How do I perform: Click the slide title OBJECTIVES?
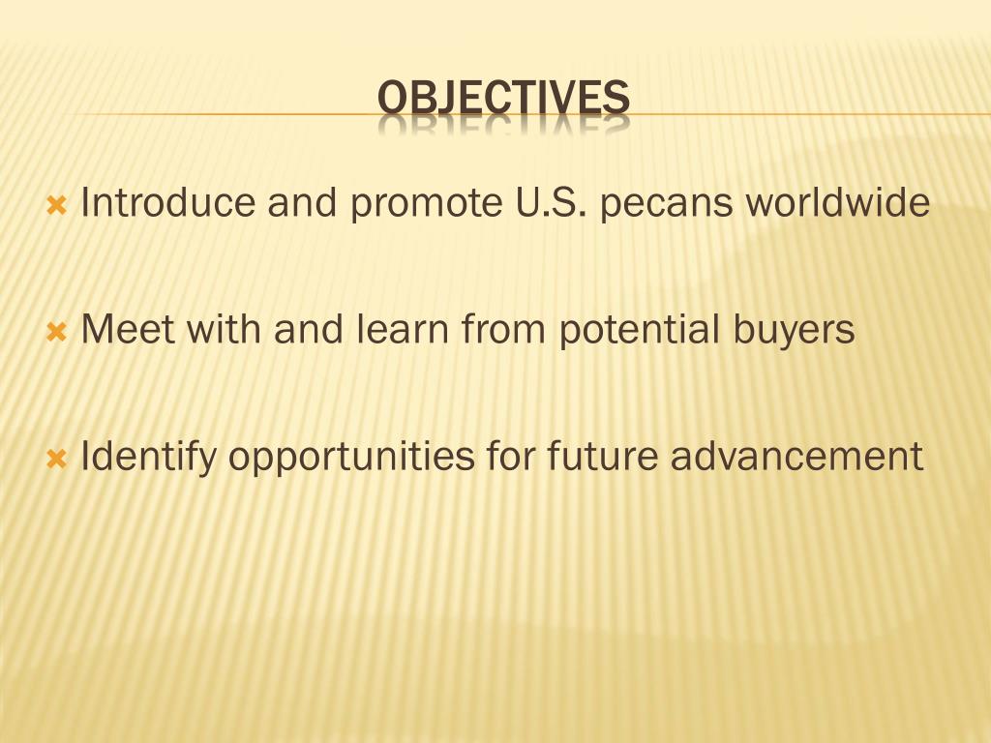pyautogui.click(x=503, y=99)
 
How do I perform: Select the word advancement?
pyautogui.click(x=797, y=457)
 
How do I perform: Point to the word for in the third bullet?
pyautogui.click(x=513, y=457)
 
